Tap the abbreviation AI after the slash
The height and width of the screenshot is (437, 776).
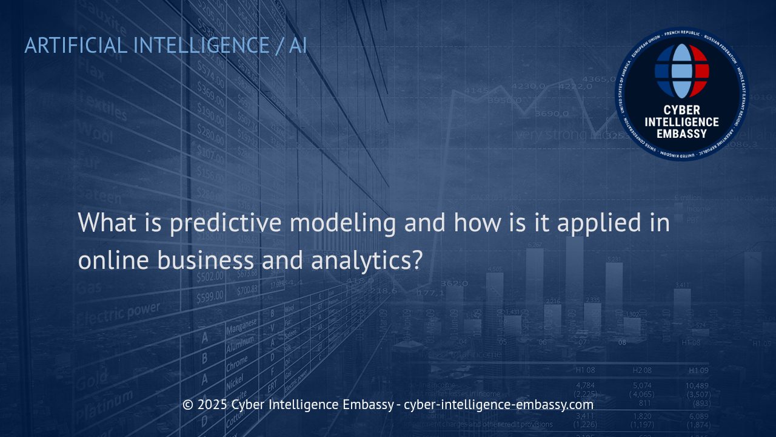pyautogui.click(x=298, y=46)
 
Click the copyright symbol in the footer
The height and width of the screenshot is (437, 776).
pyautogui.click(x=188, y=404)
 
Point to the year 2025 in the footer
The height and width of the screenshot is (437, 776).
pyautogui.click(x=212, y=404)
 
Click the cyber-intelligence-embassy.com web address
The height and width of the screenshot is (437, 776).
pyautogui.click(x=498, y=404)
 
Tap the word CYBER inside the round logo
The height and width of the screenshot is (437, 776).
pyautogui.click(x=681, y=110)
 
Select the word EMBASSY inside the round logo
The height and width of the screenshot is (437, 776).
pyautogui.click(x=681, y=134)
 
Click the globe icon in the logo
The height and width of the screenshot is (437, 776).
pyautogui.click(x=681, y=70)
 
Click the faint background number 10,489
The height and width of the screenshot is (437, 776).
pyautogui.click(x=697, y=386)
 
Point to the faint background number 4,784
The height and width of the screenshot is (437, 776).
pyautogui.click(x=585, y=385)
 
